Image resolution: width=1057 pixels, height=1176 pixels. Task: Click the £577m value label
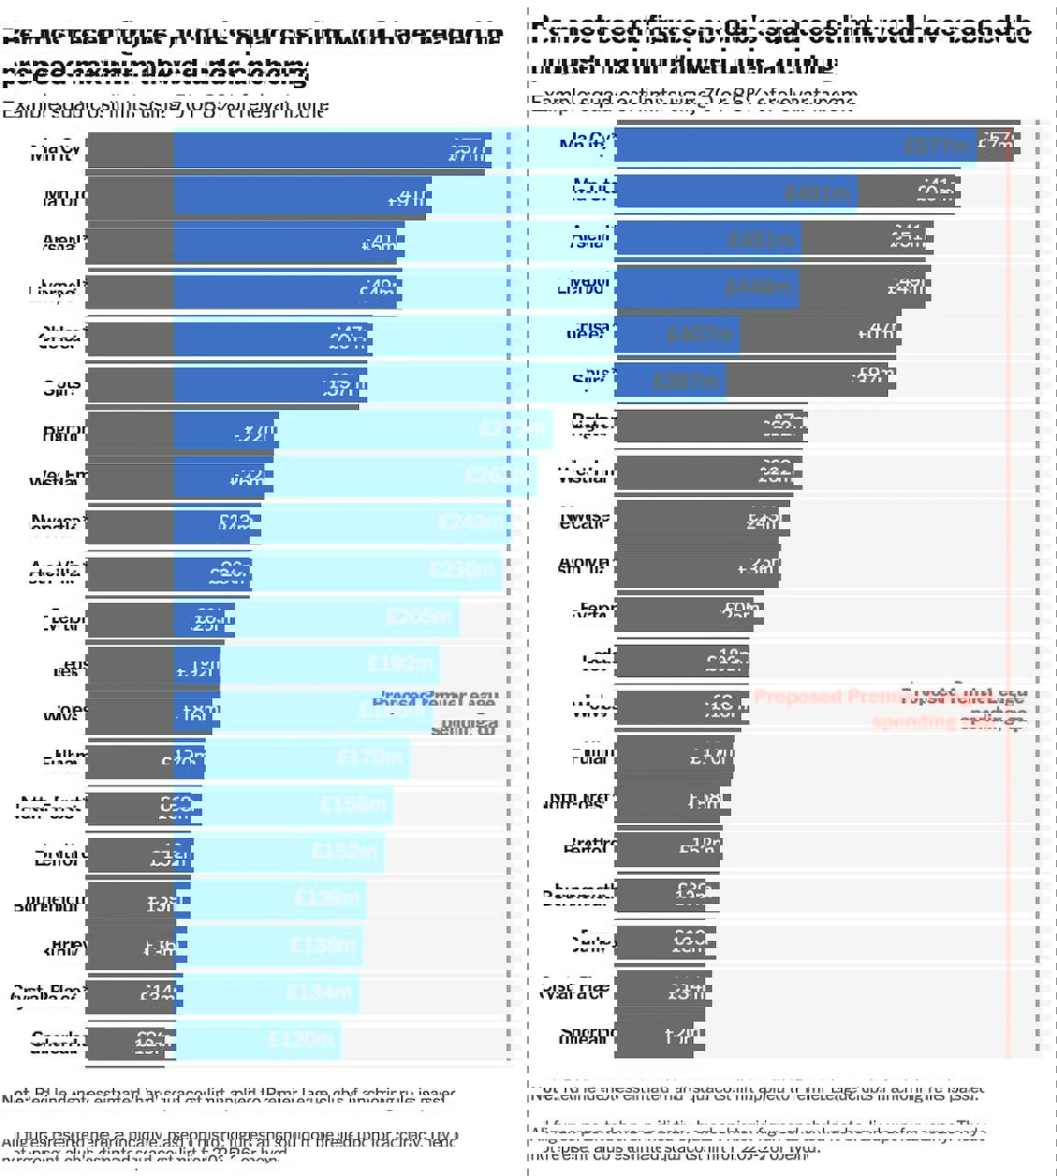(936, 145)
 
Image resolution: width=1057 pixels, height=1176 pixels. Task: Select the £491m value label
(816, 193)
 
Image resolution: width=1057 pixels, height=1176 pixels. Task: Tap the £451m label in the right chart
(761, 241)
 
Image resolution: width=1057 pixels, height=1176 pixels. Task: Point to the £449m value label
(759, 287)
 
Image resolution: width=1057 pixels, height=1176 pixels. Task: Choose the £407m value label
(699, 334)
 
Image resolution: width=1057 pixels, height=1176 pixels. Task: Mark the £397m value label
(685, 380)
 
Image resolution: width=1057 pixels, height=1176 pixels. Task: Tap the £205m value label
(420, 616)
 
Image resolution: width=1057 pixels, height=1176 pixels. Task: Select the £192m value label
(400, 663)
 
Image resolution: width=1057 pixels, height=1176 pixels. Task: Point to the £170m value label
(369, 758)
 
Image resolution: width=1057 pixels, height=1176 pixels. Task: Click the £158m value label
(353, 805)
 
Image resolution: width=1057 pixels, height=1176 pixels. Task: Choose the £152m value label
(343, 852)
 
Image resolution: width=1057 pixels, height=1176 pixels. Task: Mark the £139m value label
(326, 898)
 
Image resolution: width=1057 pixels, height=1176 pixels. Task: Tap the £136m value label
(322, 945)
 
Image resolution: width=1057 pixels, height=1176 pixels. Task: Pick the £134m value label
(319, 992)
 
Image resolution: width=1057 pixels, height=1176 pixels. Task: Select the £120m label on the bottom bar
(300, 1039)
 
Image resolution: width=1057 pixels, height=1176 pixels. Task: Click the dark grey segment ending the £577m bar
(994, 145)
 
